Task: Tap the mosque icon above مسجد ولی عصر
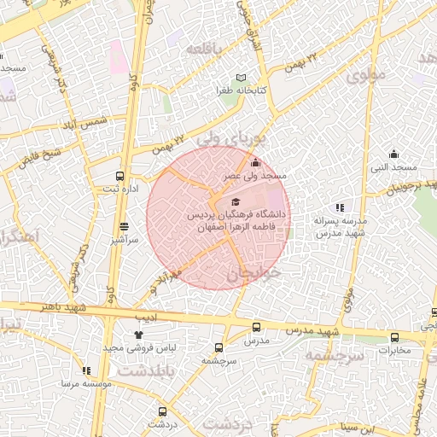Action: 254,163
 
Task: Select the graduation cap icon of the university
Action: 236,201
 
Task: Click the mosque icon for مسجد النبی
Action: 393,154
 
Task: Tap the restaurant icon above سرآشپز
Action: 125,227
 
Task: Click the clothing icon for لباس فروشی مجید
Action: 138,335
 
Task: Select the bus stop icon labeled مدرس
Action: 257,327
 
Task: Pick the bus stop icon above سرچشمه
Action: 218,347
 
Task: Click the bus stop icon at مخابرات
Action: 394,337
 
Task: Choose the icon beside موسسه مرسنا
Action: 85,370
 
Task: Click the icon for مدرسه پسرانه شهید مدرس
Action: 340,207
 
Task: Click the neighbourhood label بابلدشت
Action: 146,373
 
